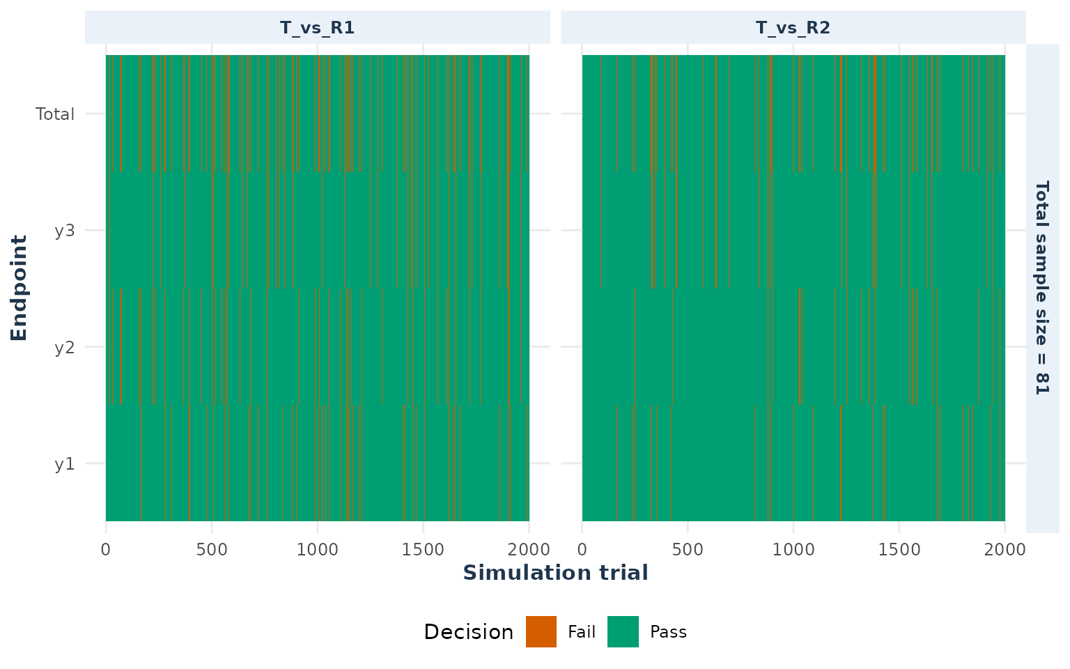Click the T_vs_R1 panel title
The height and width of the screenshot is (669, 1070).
click(317, 28)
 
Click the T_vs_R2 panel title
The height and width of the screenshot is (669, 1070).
click(793, 28)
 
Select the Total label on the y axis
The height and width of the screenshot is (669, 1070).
click(55, 114)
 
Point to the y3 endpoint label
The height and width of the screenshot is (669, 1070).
click(65, 231)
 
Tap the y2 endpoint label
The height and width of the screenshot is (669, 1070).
click(65, 348)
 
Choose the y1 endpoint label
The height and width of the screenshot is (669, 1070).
click(65, 464)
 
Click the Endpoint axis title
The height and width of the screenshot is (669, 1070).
click(19, 288)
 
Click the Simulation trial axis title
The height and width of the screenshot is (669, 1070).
click(555, 572)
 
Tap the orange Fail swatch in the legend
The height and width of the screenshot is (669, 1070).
click(541, 632)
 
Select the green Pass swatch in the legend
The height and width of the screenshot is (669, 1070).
click(623, 632)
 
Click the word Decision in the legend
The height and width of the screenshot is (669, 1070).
click(469, 632)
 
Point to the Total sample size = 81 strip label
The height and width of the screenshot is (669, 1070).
click(1042, 288)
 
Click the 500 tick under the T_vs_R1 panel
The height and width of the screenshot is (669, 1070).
click(212, 550)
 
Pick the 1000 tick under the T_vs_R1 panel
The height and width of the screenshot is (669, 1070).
click(317, 550)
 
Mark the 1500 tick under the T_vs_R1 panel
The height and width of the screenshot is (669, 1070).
click(423, 550)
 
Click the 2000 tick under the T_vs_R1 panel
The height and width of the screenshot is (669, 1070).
click(529, 550)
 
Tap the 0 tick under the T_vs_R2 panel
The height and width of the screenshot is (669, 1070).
click(582, 550)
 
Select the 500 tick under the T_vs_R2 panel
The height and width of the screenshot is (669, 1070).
click(688, 550)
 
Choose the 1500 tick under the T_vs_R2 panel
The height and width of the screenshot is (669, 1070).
click(899, 550)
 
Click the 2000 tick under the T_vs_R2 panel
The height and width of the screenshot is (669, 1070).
click(1005, 550)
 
